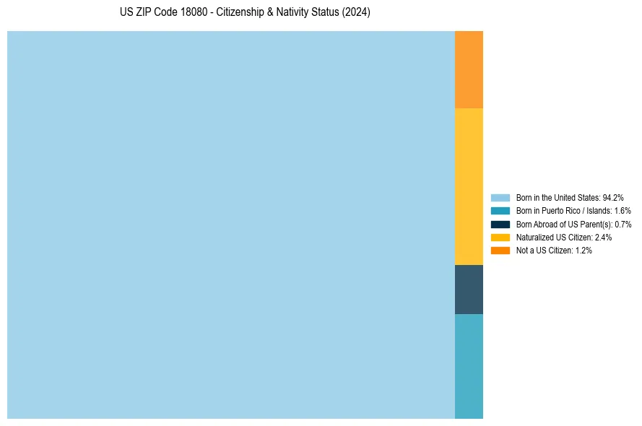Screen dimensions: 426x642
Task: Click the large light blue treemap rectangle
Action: pos(231,225)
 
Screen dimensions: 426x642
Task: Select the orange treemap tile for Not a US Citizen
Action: pos(469,69)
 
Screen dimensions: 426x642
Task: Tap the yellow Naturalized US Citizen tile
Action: pos(469,186)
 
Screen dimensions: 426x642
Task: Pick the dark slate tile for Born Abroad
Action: pos(469,290)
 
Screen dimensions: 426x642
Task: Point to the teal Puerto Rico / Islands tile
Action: pos(469,366)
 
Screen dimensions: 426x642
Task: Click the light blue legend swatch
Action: pos(500,197)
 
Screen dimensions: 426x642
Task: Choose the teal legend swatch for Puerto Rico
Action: pos(500,211)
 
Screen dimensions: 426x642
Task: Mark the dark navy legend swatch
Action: pos(500,224)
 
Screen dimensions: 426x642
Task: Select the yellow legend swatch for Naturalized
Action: pos(500,237)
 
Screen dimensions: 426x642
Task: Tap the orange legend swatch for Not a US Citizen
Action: pos(500,250)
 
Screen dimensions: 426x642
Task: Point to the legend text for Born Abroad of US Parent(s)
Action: pos(573,224)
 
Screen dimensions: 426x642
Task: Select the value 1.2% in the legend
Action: pos(584,250)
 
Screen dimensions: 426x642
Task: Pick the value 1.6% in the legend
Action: pos(622,211)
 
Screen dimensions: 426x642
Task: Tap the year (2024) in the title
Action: pos(357,13)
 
